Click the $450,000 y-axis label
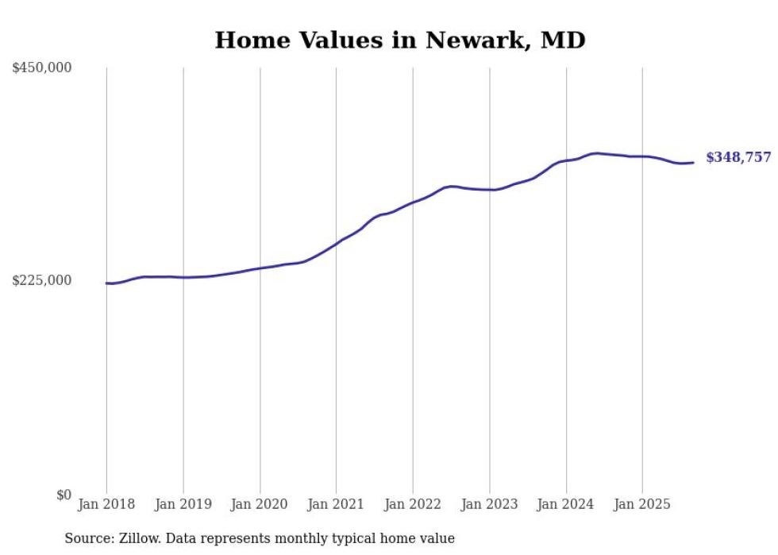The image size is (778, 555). coord(42,68)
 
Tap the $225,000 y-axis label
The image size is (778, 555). coord(42,280)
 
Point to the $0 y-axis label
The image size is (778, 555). coord(64,495)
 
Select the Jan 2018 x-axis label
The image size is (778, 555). coord(106,504)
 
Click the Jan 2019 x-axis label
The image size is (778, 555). coord(183,504)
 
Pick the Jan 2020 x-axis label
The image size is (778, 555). coord(260,504)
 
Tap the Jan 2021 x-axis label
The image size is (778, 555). coord(336,504)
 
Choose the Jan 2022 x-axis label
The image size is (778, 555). coord(413,504)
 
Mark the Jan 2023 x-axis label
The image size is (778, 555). coord(489,504)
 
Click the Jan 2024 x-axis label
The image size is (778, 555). coord(566,504)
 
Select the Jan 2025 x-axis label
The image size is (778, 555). coord(642,504)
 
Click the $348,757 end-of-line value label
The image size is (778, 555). coord(738,157)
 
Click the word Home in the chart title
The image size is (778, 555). coord(248,40)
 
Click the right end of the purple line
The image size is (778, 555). coord(694,163)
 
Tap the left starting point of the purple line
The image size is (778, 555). coord(107,283)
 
